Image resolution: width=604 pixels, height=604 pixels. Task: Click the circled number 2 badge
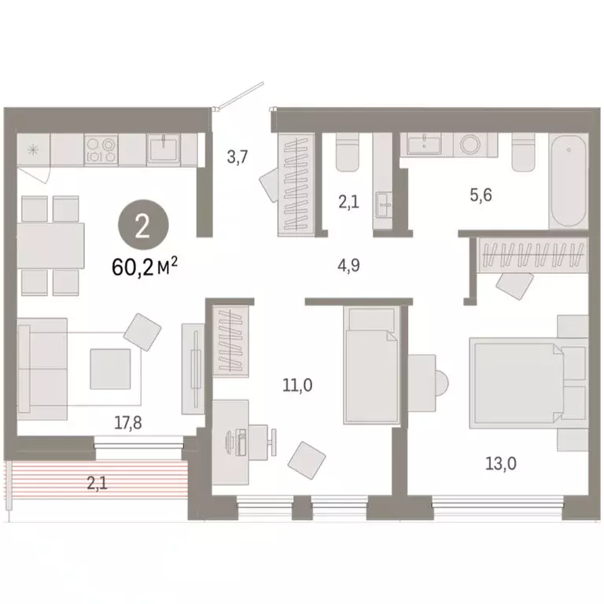[x=142, y=228]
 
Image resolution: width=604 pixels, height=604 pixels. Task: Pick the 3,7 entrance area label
[x=237, y=157]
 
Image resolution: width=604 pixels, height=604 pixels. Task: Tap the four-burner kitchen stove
[x=101, y=149]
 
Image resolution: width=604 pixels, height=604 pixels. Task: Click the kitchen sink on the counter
[x=166, y=147]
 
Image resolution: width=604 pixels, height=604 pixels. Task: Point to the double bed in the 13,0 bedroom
[x=517, y=383]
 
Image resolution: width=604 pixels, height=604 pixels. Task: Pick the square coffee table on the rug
[x=110, y=368]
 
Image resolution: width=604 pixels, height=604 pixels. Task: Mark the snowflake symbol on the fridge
[x=34, y=149]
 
